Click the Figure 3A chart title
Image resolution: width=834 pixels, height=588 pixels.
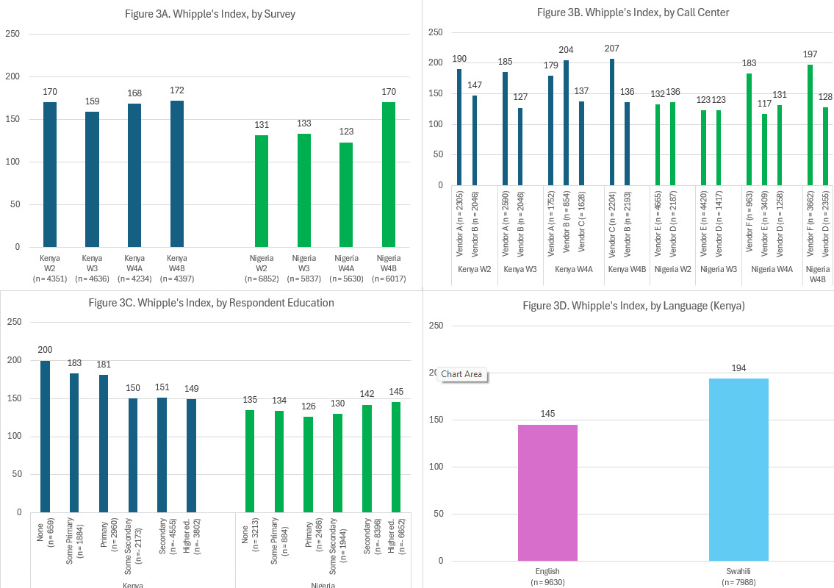(211, 14)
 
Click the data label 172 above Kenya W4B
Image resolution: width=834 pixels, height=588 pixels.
(177, 90)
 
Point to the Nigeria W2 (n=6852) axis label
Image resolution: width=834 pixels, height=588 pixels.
(261, 268)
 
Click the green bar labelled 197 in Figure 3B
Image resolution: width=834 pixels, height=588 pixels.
(810, 124)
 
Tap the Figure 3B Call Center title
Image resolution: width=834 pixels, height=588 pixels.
(633, 12)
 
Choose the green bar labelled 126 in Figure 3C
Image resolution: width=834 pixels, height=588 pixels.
(309, 464)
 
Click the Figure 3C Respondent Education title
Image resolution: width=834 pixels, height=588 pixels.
(211, 302)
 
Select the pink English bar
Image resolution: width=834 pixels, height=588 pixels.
(547, 492)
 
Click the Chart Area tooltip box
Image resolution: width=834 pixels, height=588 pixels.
(461, 374)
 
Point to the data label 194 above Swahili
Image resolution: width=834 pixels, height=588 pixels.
(738, 367)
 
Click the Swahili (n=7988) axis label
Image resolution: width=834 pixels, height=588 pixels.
(738, 576)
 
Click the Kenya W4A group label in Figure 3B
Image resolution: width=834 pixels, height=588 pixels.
(573, 270)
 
